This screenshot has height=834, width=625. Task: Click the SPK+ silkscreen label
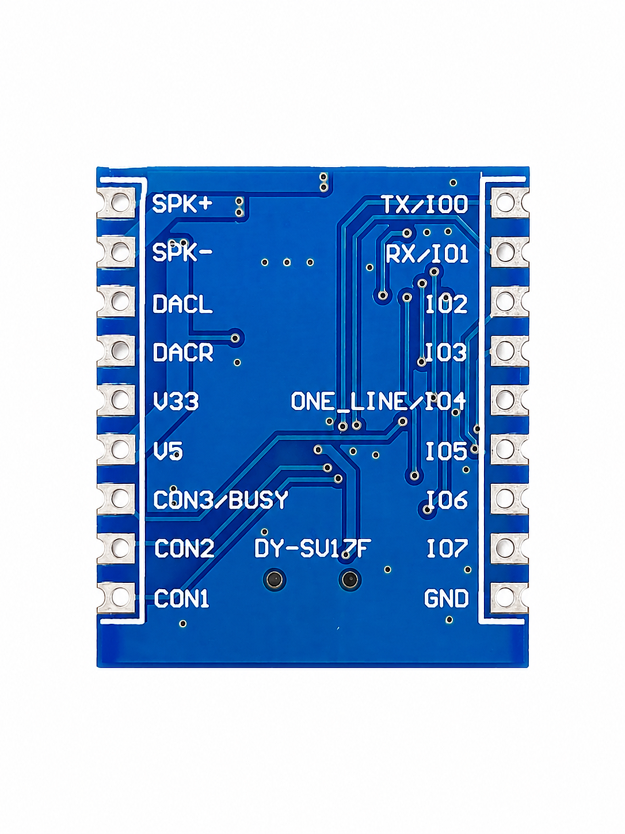[182, 204]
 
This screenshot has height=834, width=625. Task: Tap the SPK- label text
[182, 252]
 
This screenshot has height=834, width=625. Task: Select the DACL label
[182, 304]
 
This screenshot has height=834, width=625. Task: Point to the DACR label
[183, 352]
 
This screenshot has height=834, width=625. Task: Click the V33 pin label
[176, 401]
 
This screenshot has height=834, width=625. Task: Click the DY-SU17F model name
[312, 548]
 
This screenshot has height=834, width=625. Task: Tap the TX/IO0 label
[425, 204]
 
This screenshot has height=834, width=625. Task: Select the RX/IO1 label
[427, 254]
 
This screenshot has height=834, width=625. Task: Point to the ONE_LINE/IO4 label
[378, 401]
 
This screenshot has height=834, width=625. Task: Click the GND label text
[446, 598]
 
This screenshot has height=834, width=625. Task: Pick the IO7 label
[447, 549]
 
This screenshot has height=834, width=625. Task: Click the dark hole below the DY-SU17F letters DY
[275, 580]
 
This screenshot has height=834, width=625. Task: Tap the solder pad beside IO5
[509, 449]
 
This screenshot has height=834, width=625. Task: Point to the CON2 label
[184, 549]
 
